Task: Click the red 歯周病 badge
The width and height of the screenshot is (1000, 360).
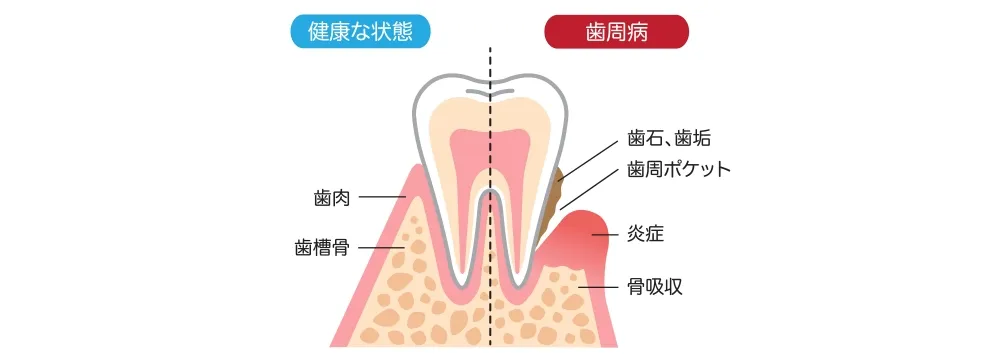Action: click(616, 31)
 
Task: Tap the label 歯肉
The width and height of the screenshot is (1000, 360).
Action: click(330, 198)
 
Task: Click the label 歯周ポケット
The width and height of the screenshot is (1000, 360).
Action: click(679, 168)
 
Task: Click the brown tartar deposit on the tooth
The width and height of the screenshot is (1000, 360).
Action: click(553, 195)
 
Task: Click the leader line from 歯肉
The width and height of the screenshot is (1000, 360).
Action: click(382, 198)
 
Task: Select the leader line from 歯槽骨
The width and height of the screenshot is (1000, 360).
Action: click(380, 247)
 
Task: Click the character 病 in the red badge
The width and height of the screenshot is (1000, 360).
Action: click(637, 31)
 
